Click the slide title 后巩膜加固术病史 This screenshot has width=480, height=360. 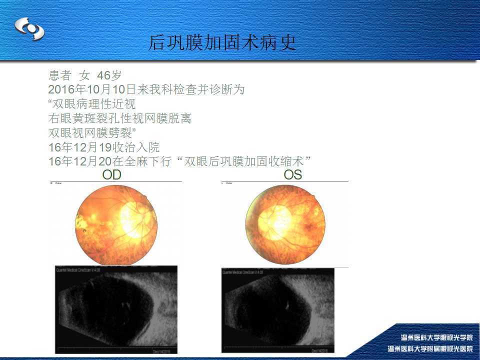[222, 43]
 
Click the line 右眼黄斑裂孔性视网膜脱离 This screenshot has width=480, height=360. [120, 119]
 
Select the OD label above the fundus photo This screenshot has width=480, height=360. [112, 175]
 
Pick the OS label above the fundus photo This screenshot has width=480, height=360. [293, 175]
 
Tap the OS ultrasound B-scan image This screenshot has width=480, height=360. [278, 310]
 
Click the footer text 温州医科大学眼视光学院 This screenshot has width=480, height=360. [436, 337]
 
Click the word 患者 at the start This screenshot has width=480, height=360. [60, 75]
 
